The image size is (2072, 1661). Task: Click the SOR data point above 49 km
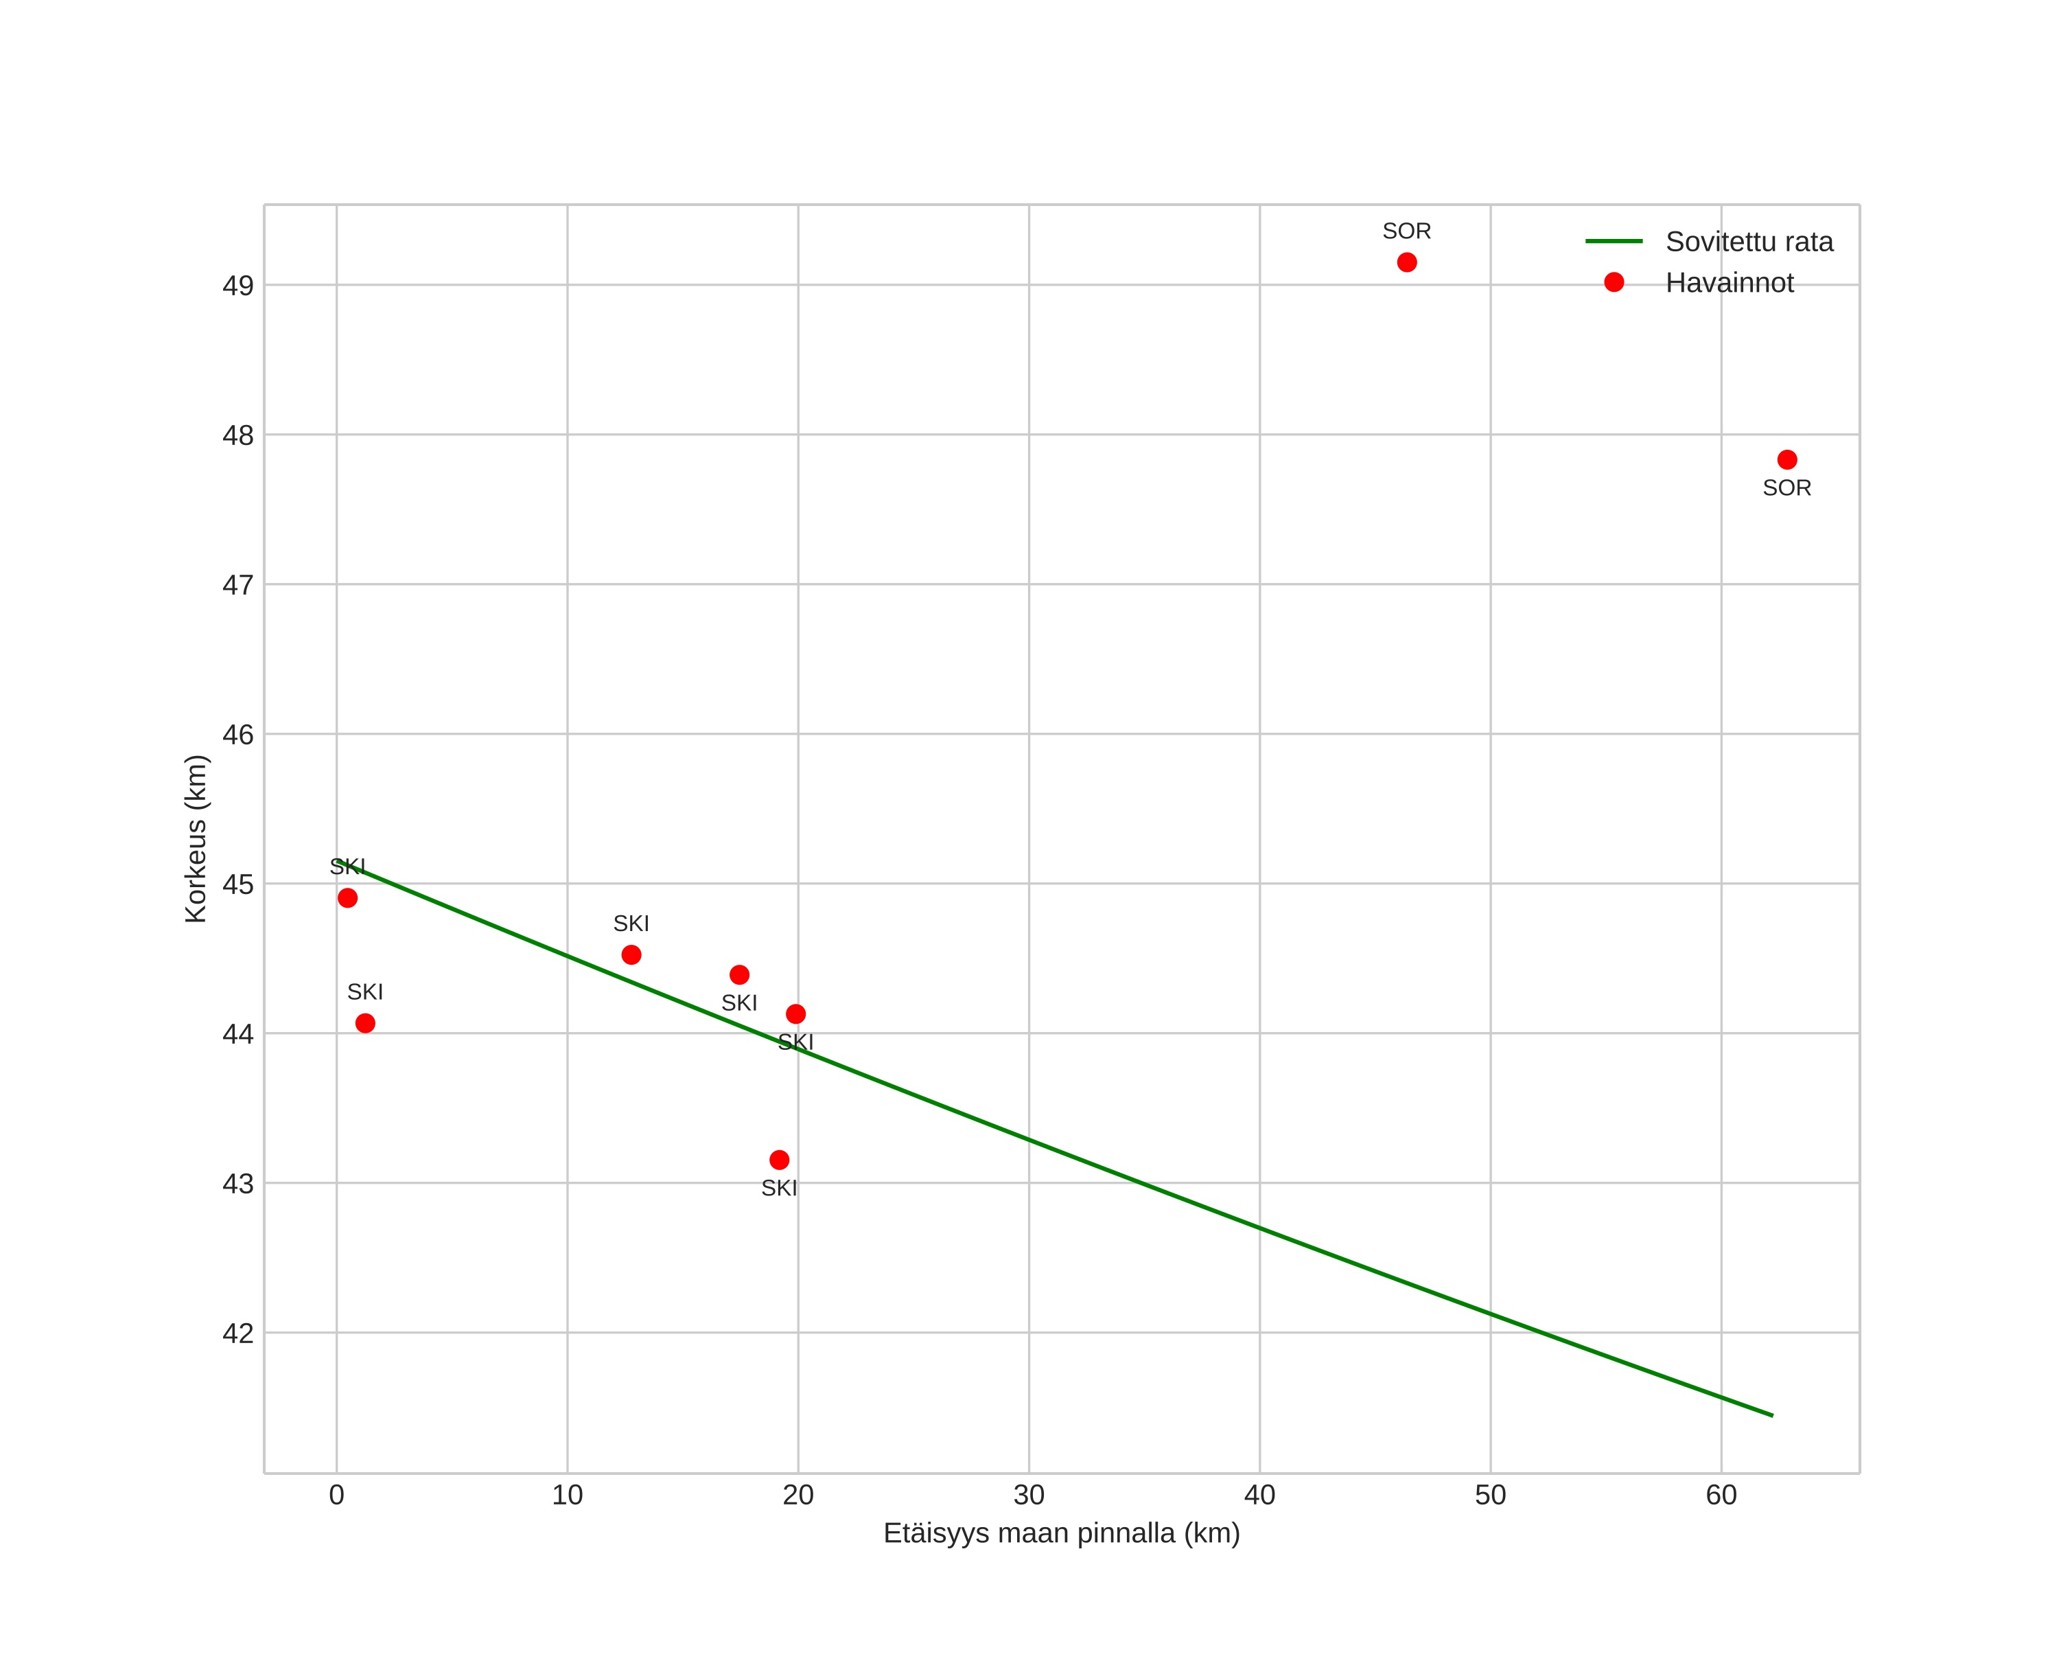pyautogui.click(x=1406, y=262)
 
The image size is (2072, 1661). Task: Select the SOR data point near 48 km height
pyautogui.click(x=1786, y=459)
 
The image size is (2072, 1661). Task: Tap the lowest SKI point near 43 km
pyautogui.click(x=780, y=1160)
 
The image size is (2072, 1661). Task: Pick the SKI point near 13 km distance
pyautogui.click(x=631, y=954)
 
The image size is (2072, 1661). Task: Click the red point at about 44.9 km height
pyautogui.click(x=348, y=897)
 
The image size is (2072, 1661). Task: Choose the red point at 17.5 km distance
pyautogui.click(x=739, y=974)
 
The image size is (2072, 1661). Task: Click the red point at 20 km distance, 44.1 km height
pyautogui.click(x=795, y=1014)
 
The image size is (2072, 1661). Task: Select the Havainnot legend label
pyautogui.click(x=1729, y=284)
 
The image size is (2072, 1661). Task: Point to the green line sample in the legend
pyautogui.click(x=1614, y=241)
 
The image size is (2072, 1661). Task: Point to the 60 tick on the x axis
pyautogui.click(x=1721, y=1496)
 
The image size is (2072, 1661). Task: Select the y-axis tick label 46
pyautogui.click(x=237, y=735)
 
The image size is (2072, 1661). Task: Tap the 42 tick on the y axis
pyautogui.click(x=237, y=1334)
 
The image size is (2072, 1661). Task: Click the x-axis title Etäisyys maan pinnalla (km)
pyautogui.click(x=1061, y=1533)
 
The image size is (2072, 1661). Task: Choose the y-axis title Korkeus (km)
pyautogui.click(x=196, y=838)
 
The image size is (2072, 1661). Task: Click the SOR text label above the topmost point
pyautogui.click(x=1406, y=231)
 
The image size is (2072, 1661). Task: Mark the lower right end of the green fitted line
pyautogui.click(x=1771, y=1415)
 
